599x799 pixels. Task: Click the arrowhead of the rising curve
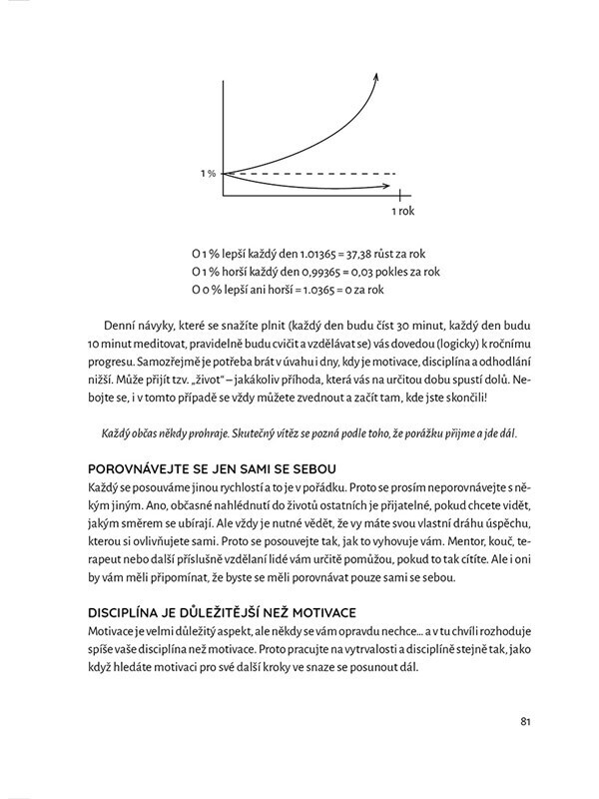pos(376,76)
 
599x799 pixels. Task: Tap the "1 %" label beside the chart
pos(207,174)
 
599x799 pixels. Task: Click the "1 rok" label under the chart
pos(401,212)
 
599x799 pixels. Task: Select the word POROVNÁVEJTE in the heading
pos(135,469)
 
